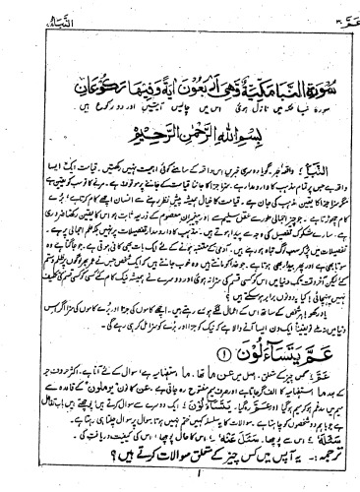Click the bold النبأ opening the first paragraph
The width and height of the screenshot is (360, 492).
tap(315, 155)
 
